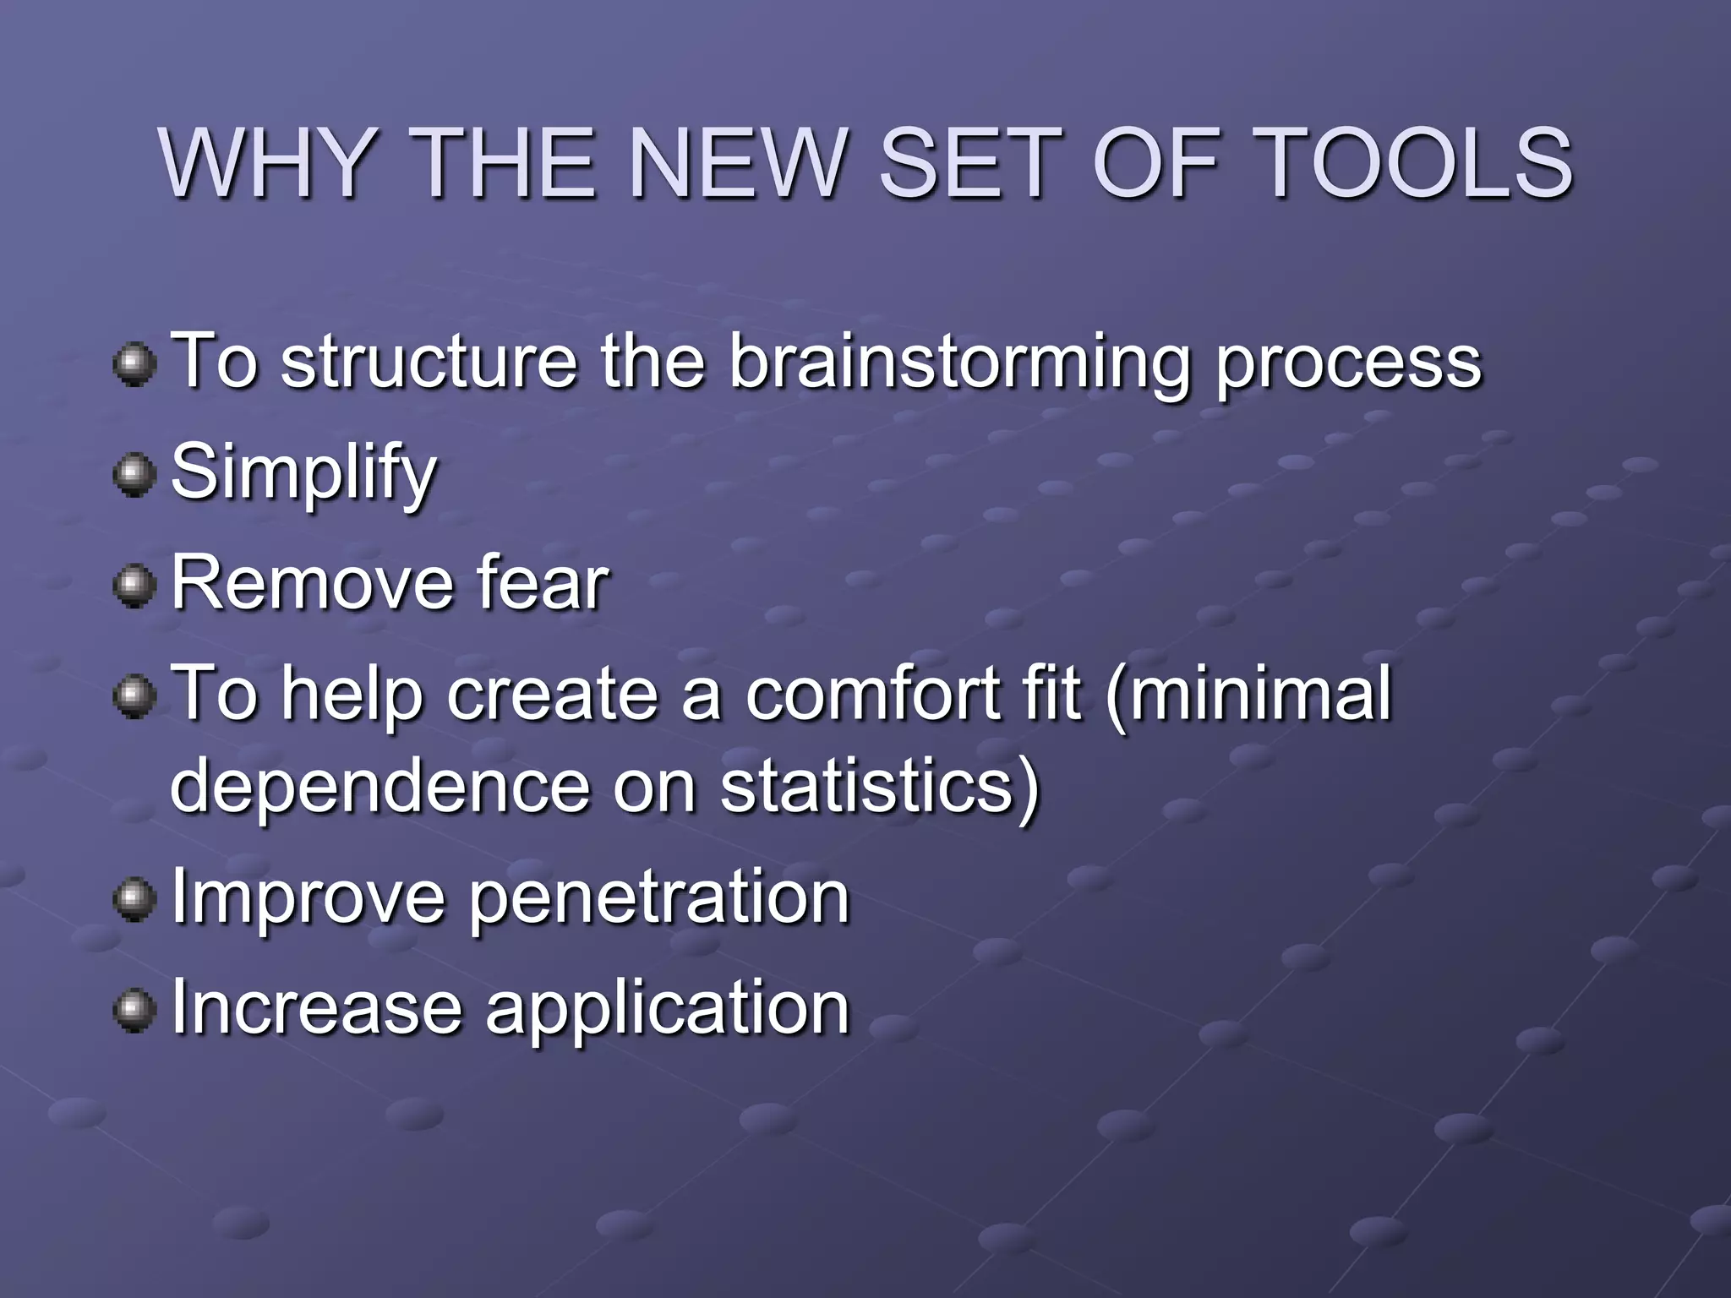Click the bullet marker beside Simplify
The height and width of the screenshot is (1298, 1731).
point(134,475)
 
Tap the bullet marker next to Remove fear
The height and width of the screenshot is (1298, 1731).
point(134,586)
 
